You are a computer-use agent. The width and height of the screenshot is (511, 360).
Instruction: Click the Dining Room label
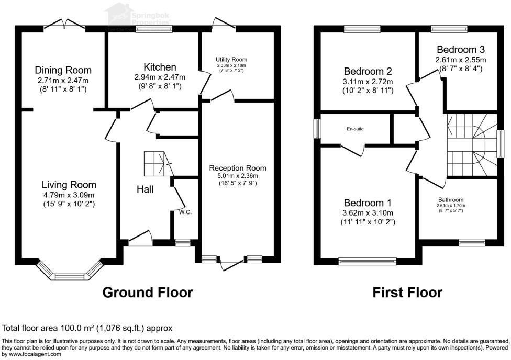pos(63,70)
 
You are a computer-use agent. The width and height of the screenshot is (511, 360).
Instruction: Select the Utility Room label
pos(231,60)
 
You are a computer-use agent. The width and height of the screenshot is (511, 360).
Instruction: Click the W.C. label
pos(184,212)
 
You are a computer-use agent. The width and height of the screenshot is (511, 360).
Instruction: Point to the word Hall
pos(145,189)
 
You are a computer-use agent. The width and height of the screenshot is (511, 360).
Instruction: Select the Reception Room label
pos(238,168)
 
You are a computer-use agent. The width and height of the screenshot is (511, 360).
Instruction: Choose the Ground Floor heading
pos(147,292)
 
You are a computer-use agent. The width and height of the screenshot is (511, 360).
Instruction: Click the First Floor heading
pos(407,292)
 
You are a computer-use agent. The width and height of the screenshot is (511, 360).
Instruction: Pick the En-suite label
pos(354,128)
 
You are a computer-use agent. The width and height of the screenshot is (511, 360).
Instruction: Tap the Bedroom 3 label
pos(461,50)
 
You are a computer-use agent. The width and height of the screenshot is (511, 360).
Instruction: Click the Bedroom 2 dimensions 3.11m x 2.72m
pos(368,82)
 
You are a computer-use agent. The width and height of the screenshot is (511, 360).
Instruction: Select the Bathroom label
pos(451,199)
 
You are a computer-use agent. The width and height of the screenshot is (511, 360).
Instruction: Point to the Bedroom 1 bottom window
pos(368,260)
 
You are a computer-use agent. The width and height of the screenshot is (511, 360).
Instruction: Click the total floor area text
pos(87,329)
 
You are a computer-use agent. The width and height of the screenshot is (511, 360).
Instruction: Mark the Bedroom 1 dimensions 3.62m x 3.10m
pos(368,213)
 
